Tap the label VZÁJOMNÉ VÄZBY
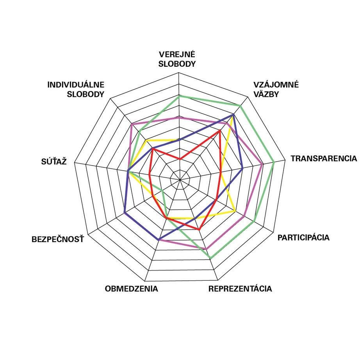point(276,89)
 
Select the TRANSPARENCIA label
point(323,159)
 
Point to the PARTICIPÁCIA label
point(303,237)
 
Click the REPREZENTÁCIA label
point(240,289)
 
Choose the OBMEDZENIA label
point(132,289)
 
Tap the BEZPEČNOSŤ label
point(58,239)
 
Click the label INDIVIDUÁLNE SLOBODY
point(76,89)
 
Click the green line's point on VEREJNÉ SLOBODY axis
point(179,96)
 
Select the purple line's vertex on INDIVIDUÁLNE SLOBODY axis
point(132,124)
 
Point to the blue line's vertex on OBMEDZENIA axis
point(158,239)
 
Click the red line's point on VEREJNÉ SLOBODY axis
point(179,159)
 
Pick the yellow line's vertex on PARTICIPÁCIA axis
point(235,211)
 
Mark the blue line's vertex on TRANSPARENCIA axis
point(243,168)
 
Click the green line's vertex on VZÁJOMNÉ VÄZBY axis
point(241,106)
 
